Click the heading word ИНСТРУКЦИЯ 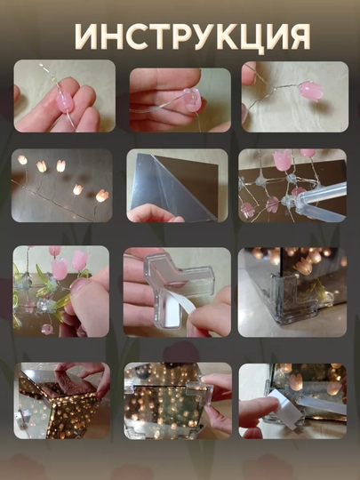point(193,36)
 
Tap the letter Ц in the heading point(249,38)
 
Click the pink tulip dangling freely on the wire point(311,91)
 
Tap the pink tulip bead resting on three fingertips point(65,102)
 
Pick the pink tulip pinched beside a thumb point(192,100)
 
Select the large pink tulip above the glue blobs point(283,160)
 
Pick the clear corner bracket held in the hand point(179,284)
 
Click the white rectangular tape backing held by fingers point(284,409)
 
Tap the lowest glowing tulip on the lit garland point(102,196)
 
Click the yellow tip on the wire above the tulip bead point(54,79)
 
